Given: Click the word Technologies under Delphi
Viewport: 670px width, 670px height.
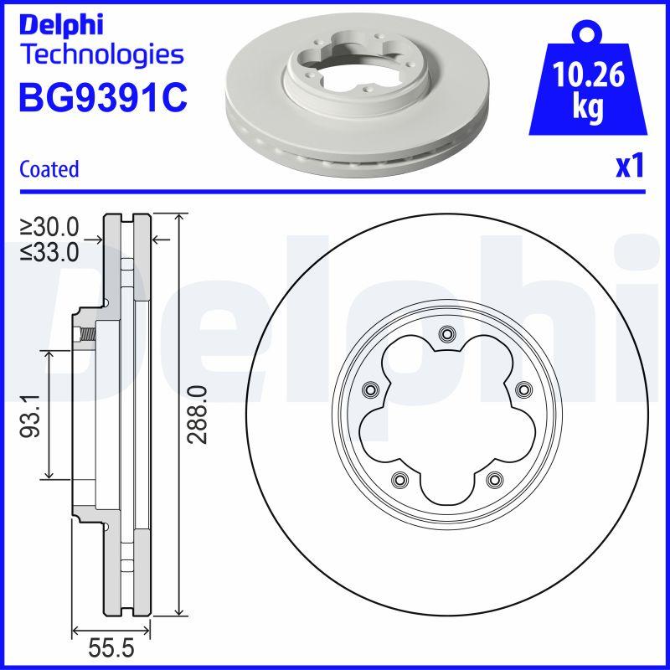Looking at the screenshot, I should [x=100, y=55].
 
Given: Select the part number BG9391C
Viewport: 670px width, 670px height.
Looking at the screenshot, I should [x=102, y=98].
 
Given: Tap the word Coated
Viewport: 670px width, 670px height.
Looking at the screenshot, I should [x=49, y=169].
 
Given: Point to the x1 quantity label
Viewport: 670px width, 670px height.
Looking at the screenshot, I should [x=629, y=167].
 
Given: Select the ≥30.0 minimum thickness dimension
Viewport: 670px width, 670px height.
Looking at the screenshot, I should [x=49, y=227].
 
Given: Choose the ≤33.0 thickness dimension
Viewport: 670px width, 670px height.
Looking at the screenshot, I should [x=49, y=250].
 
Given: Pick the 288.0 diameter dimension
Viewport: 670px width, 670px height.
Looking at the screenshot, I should [x=198, y=415].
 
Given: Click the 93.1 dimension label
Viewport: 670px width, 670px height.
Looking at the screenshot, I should [x=32, y=416].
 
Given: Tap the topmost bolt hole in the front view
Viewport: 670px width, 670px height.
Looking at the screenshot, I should [x=446, y=335].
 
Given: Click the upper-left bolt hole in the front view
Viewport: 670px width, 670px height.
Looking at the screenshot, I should [x=369, y=389].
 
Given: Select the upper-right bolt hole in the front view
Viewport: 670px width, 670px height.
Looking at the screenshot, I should [x=522, y=389].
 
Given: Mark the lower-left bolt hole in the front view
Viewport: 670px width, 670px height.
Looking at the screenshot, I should [x=399, y=480].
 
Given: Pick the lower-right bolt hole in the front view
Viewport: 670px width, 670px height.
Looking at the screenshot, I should [x=493, y=480].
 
